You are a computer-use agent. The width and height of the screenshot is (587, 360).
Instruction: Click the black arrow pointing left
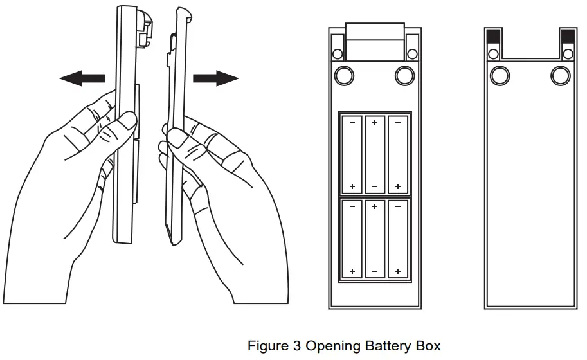pos(82,78)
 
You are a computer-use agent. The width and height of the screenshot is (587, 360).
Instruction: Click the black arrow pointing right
pos(215,78)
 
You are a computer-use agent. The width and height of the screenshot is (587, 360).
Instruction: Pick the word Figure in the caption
pos(268,346)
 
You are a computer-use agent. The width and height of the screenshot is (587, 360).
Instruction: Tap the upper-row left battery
pos(352,154)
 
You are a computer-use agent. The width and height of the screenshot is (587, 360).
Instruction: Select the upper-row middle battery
pos(375,154)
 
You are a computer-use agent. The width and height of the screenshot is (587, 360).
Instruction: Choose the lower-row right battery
pos(398,239)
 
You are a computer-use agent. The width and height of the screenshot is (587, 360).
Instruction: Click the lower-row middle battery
pos(375,239)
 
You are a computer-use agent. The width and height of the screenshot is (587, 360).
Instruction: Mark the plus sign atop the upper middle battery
pos(375,121)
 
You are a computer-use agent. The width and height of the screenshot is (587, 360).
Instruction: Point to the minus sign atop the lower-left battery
pos(352,206)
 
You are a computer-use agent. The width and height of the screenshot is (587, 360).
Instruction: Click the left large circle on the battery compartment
pos(345,75)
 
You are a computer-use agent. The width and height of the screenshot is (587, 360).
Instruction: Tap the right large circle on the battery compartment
pos(404,75)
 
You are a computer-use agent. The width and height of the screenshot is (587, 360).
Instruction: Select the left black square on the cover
pos(494,36)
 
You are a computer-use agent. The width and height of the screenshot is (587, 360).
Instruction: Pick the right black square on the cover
pos(568,36)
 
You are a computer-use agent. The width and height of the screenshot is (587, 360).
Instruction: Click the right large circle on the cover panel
pos(561,76)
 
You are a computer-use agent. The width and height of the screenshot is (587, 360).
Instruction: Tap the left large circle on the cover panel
pos(499,76)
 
